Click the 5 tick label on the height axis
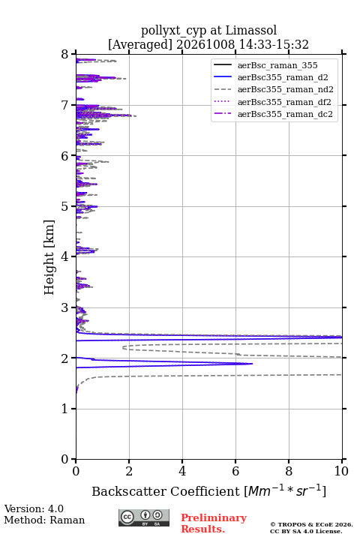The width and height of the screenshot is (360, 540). pyautogui.click(x=65, y=206)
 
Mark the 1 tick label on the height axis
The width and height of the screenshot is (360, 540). pyautogui.click(x=65, y=409)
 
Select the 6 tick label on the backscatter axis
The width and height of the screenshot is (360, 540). pyautogui.click(x=235, y=471)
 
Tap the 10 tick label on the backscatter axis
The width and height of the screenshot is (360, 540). pyautogui.click(x=342, y=471)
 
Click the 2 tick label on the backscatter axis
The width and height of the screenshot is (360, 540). pyautogui.click(x=129, y=471)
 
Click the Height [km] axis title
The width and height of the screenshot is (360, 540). pyautogui.click(x=49, y=257)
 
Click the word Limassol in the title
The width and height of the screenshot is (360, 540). pyautogui.click(x=251, y=30)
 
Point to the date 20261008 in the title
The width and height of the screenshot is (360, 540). pyautogui.click(x=205, y=44)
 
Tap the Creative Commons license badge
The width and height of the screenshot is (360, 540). pyautogui.click(x=144, y=518)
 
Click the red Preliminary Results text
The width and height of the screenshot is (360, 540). pyautogui.click(x=214, y=523)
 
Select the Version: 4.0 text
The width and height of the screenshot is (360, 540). pyautogui.click(x=34, y=508)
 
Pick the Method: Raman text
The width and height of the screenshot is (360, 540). pyautogui.click(x=44, y=520)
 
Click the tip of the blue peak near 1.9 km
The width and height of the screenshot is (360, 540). pyautogui.click(x=253, y=364)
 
